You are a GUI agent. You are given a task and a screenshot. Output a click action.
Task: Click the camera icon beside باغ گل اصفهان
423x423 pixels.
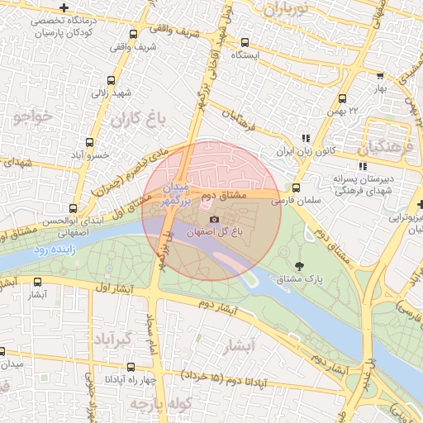click(215, 219)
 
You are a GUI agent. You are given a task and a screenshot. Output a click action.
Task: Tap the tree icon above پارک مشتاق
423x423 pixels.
click(298, 265)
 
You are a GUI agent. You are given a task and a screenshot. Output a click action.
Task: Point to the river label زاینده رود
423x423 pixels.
click(54, 248)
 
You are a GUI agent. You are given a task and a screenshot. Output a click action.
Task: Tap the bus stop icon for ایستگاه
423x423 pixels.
click(245, 42)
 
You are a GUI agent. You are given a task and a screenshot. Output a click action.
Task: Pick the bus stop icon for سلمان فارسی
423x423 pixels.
click(297, 188)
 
